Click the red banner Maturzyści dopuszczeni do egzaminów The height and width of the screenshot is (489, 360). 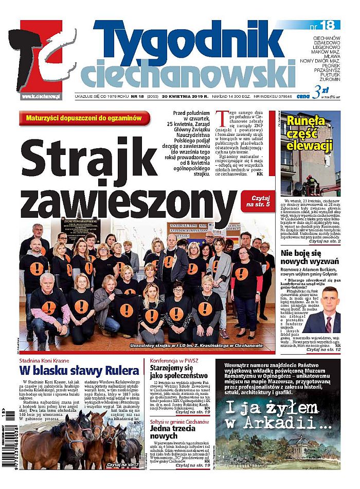85,118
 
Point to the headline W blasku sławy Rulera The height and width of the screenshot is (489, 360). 80,371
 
